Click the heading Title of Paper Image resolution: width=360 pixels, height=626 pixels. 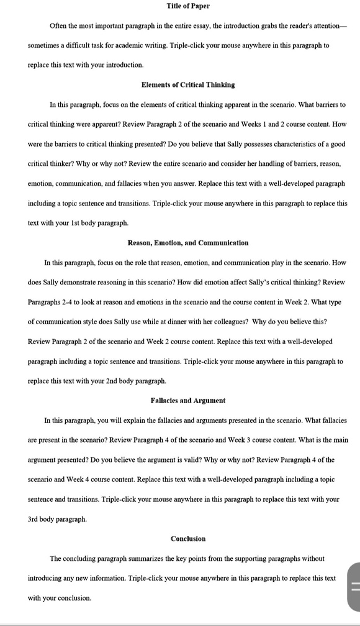[x=188, y=6]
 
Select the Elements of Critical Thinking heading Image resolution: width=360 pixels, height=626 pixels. [x=188, y=84]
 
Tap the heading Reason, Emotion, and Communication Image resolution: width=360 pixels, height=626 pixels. [x=188, y=242]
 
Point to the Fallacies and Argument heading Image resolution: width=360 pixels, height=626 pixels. [x=188, y=401]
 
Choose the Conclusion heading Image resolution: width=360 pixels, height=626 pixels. [x=188, y=538]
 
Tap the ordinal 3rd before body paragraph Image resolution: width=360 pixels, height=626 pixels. [x=35, y=519]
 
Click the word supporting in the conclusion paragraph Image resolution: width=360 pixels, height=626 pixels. [x=253, y=558]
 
